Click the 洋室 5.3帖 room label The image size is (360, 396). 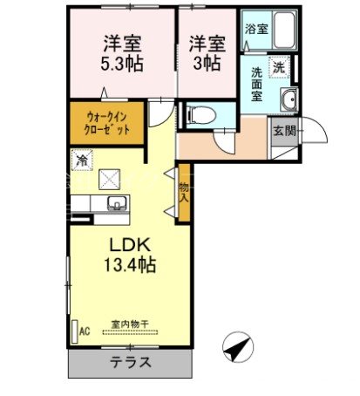click(123, 52)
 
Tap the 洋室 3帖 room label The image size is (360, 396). click(207, 52)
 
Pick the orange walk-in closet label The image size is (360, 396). click(108, 121)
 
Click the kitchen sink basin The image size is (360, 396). click(115, 205)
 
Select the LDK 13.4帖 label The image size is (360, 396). click(126, 253)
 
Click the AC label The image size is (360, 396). click(85, 331)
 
